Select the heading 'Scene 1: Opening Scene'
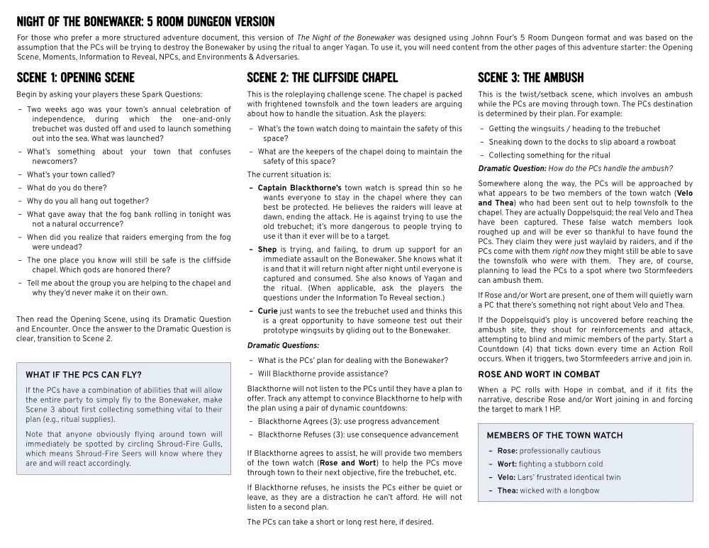click(x=75, y=77)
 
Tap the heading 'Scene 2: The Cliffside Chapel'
click(x=322, y=77)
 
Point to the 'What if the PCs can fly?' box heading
click(x=84, y=375)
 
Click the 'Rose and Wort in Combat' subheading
click(x=529, y=374)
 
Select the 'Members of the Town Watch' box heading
click(x=554, y=435)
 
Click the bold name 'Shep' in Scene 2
click(x=267, y=250)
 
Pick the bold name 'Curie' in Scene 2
click(x=268, y=311)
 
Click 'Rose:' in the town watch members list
click(x=507, y=451)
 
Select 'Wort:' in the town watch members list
click(x=508, y=464)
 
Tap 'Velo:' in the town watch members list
click(x=507, y=478)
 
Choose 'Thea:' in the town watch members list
click(x=508, y=491)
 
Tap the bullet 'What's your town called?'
click(x=71, y=174)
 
